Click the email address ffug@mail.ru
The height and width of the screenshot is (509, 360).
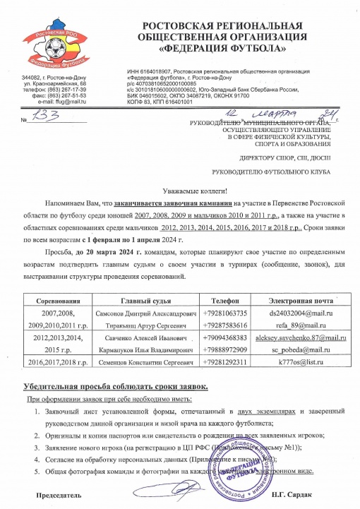pos(70,101)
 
